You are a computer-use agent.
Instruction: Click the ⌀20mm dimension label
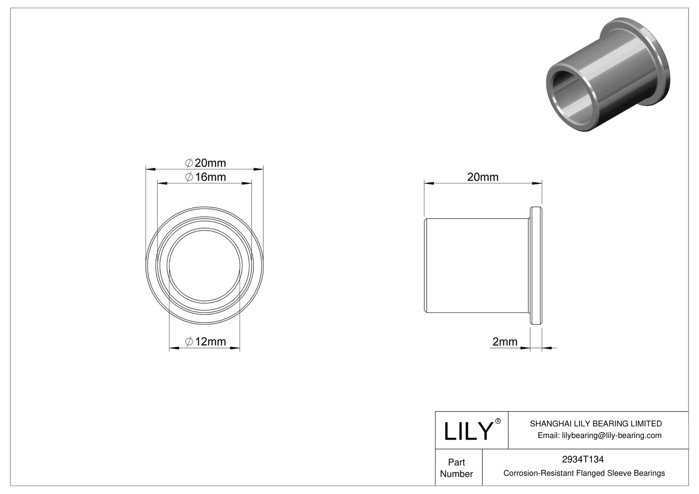(205, 163)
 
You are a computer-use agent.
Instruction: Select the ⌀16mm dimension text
(205, 177)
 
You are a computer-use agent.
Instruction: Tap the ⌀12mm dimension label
(205, 341)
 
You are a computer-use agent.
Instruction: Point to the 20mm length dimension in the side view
(483, 177)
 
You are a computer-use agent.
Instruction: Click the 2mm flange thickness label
(505, 341)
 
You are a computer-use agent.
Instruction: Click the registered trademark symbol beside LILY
(498, 421)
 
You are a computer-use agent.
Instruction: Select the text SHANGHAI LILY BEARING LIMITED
(596, 423)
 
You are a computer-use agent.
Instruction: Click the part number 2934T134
(583, 459)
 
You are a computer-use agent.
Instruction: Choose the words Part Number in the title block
(456, 468)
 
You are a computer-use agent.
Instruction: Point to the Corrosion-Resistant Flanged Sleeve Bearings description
(584, 473)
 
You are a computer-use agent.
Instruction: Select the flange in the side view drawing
(536, 265)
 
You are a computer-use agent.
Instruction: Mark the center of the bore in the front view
(205, 265)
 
